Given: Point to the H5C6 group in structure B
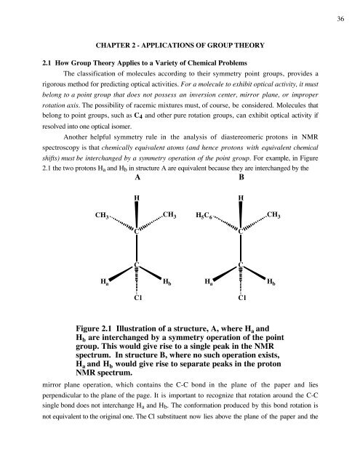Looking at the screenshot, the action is [205, 216].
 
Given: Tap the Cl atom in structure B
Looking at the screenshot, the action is [241, 297].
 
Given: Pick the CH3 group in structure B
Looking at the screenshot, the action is [275, 215].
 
